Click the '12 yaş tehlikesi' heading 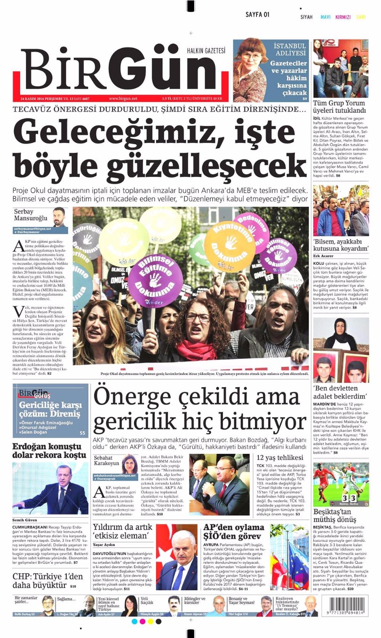click(280, 458)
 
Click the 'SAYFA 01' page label click(257, 15)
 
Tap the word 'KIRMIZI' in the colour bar click(343, 17)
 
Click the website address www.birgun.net click(123, 99)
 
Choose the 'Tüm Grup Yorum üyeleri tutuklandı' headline click(340, 106)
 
